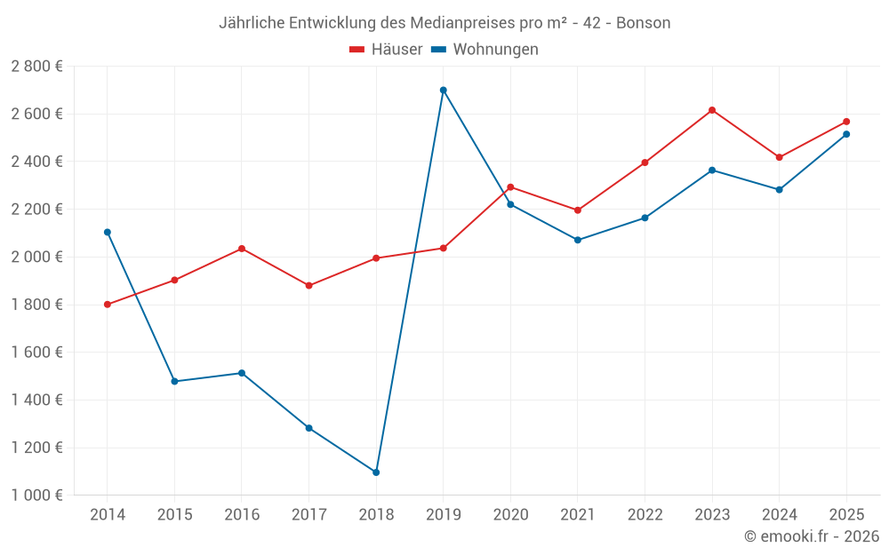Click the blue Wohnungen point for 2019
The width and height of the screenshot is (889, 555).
pos(444,90)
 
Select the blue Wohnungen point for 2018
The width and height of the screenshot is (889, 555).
pos(376,472)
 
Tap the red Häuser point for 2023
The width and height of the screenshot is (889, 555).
pos(712,110)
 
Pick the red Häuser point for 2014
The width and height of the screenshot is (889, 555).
pos(108,305)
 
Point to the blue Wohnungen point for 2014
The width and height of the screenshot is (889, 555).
pos(108,232)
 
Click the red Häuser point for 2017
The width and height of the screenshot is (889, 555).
pos(309,285)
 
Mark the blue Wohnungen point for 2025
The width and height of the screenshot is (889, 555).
pos(846,134)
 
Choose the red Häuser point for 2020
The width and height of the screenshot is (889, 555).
pos(510,186)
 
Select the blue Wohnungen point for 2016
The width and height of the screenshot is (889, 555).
pos(242,373)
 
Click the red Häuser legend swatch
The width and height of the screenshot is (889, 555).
pos(356,50)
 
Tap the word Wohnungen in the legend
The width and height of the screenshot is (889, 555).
pos(495,49)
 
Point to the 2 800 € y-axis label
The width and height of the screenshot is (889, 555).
pos(36,67)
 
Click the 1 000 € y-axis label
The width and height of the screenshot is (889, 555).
pos(36,496)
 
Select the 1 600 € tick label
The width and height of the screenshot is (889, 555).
pos(36,353)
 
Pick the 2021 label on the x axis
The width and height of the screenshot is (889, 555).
pos(578,514)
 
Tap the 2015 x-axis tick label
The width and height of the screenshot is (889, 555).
pos(174,514)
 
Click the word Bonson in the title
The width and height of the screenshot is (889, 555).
pos(643,23)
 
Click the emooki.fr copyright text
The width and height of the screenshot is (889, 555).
pos(812,535)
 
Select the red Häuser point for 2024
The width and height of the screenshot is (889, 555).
pos(779,157)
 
